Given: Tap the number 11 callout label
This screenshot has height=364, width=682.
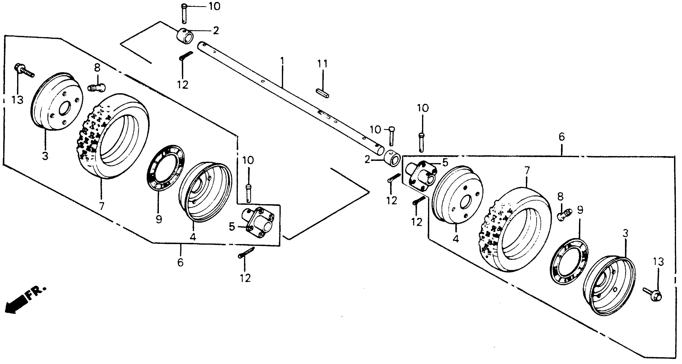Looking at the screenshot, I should (x=323, y=64).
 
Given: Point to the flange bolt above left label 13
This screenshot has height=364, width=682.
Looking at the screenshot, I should (x=24, y=70).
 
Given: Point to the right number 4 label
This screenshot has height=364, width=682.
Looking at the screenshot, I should (x=455, y=239).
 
